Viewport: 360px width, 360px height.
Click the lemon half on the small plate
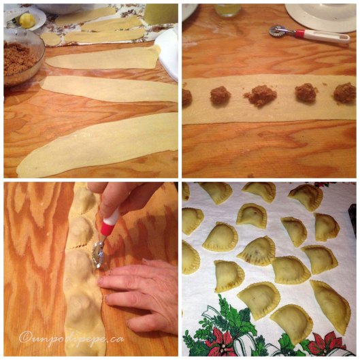pos(27,20)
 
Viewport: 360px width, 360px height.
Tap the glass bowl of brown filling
pos(22,57)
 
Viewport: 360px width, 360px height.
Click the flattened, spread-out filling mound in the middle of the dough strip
pos(261,96)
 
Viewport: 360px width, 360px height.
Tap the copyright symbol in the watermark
pos(25,337)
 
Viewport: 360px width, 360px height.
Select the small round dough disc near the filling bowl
pos(51,39)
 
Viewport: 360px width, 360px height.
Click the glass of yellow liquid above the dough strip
pos(227,10)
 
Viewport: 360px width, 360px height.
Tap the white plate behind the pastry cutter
pos(321,16)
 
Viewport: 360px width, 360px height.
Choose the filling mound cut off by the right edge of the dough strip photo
pos(345,93)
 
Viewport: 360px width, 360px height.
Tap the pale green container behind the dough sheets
pos(161,14)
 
